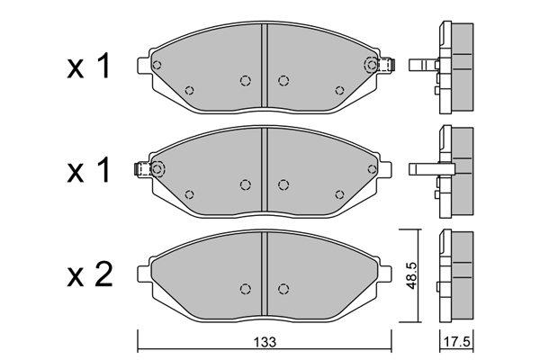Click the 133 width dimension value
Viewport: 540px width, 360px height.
click(x=265, y=342)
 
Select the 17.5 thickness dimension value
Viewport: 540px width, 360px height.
click(x=456, y=342)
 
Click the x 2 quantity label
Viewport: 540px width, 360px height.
click(x=89, y=274)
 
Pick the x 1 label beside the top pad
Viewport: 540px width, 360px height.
click(x=89, y=66)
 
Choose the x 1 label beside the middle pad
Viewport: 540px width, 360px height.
click(x=89, y=169)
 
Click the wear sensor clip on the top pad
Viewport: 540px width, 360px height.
click(x=386, y=65)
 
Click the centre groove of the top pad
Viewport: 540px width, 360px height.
click(x=264, y=66)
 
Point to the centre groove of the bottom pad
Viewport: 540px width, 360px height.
click(x=264, y=274)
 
